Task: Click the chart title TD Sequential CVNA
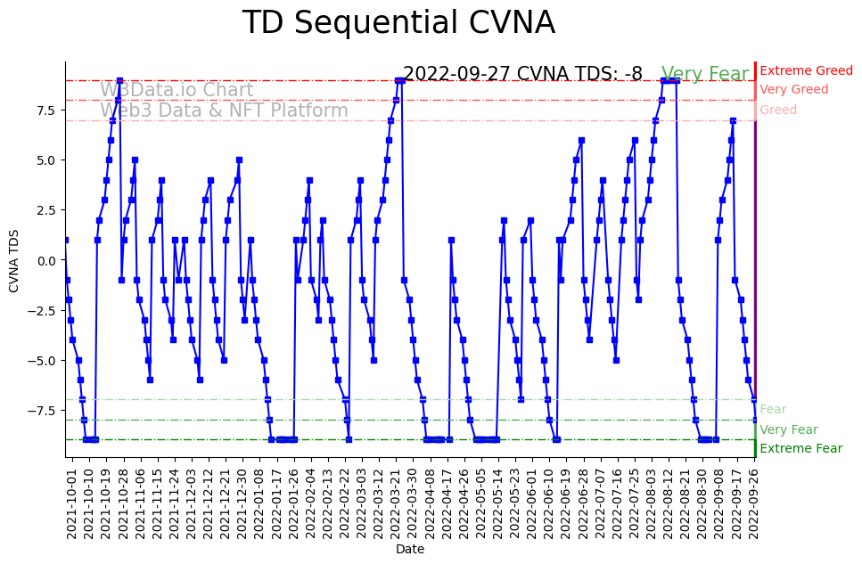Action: coord(398,23)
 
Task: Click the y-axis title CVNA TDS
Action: coord(14,259)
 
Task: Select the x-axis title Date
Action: coord(410,550)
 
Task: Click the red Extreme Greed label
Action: coord(806,70)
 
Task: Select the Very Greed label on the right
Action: coord(793,90)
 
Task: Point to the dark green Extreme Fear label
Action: coord(800,448)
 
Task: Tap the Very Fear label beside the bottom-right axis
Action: coord(788,429)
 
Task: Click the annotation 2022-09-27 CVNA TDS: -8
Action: coord(522,74)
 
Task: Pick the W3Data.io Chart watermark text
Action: coord(177,90)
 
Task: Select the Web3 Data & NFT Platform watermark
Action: coord(224,110)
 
